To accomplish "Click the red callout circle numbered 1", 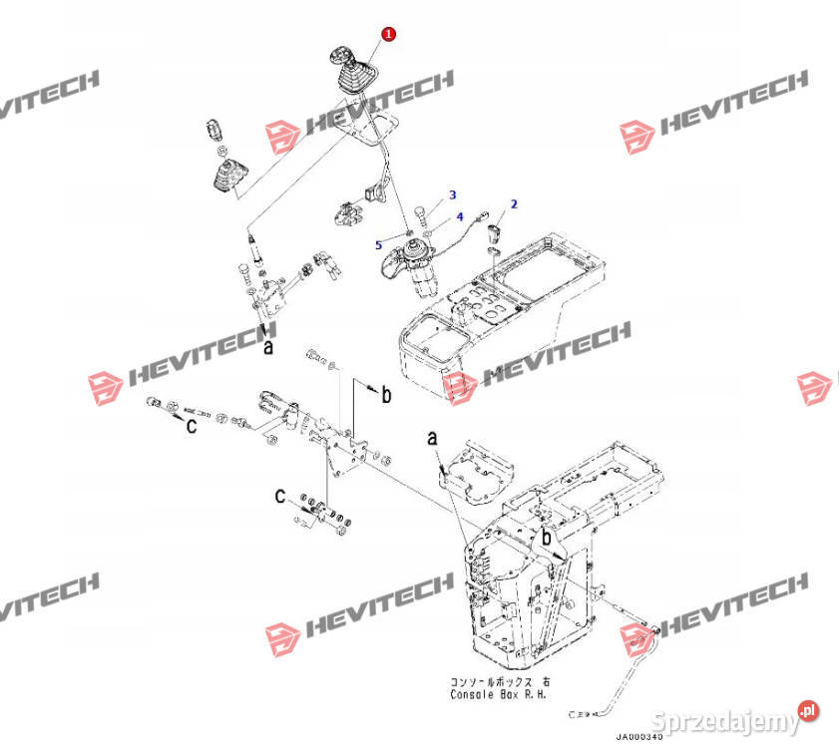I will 388,34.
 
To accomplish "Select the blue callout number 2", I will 514,204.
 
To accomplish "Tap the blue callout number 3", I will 451,194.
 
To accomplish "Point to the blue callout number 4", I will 460,216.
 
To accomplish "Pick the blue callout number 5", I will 378,243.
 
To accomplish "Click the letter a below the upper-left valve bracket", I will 266,348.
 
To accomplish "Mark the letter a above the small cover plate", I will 432,438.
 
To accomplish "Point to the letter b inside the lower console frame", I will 546,539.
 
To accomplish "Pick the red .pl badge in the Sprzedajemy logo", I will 809,710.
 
